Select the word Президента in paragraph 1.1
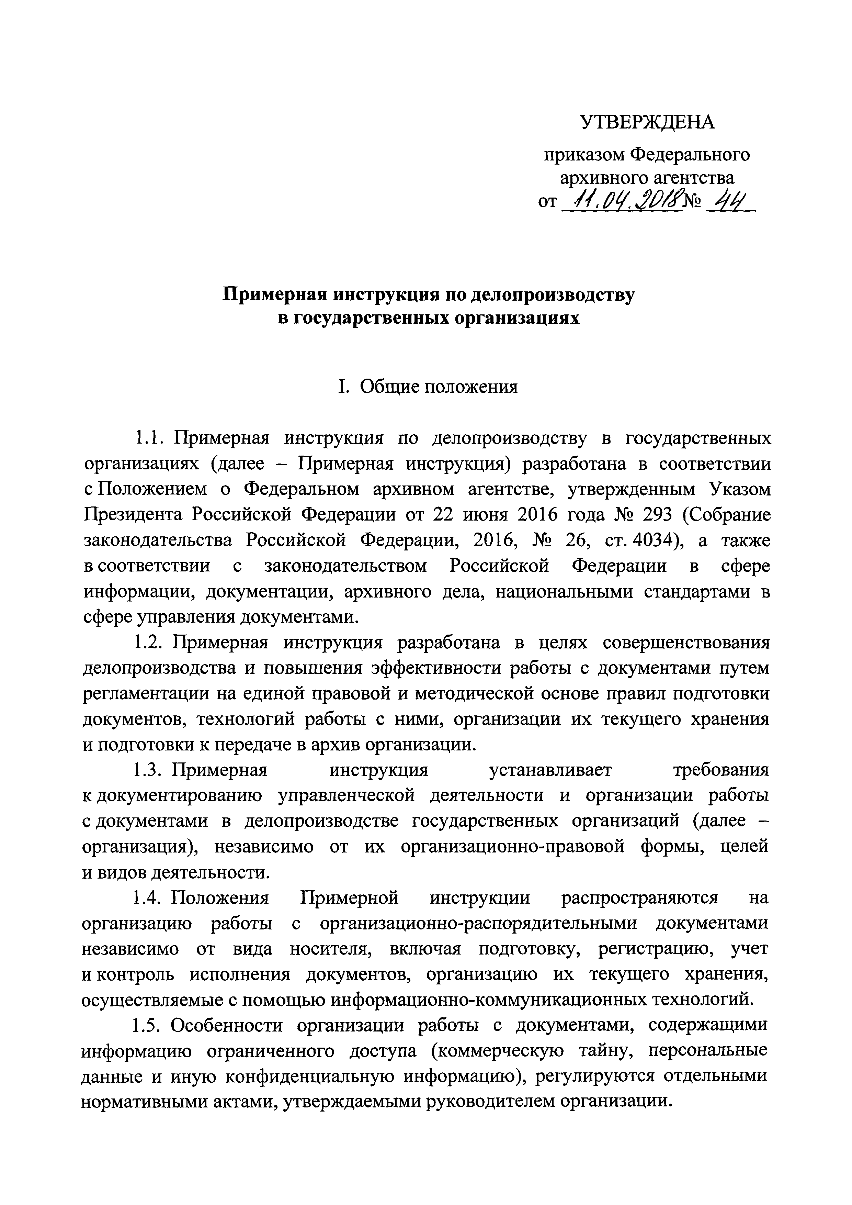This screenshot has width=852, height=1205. coord(133,515)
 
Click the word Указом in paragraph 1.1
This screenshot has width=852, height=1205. coord(739,489)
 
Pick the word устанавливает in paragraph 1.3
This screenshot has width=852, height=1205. coord(550,770)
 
